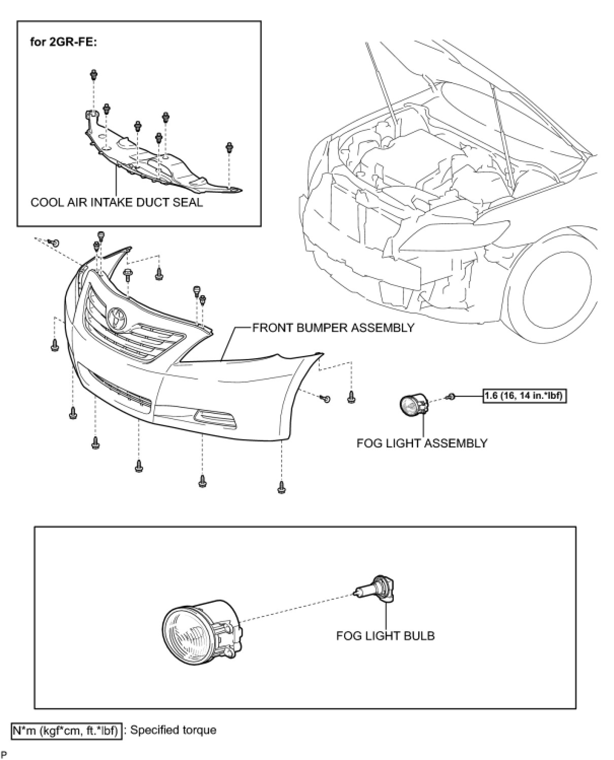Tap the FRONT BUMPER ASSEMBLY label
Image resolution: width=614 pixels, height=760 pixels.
[333, 328]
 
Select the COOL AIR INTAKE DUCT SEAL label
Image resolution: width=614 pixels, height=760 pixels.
[117, 202]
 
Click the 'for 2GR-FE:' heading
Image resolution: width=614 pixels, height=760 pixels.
[63, 42]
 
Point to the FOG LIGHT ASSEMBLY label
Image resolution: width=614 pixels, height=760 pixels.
[422, 443]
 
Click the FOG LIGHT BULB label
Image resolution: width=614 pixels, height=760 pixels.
[385, 635]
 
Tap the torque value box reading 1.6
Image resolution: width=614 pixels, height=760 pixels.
[524, 396]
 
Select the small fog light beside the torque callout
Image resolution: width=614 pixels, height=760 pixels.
[413, 404]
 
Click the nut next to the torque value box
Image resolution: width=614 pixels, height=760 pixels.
[450, 396]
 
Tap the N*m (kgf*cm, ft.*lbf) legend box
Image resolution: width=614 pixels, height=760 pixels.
[66, 731]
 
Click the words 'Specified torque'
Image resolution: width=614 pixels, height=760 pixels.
[174, 731]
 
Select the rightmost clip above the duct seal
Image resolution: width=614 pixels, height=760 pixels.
[229, 148]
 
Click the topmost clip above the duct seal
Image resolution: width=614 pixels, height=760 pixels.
[94, 75]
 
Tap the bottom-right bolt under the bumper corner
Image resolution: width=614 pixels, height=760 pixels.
[281, 487]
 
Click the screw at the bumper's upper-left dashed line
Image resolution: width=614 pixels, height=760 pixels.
[56, 243]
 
